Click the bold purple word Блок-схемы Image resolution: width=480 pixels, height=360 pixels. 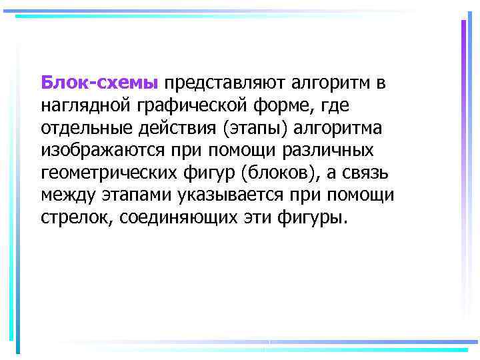99,83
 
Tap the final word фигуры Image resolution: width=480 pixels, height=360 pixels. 317,217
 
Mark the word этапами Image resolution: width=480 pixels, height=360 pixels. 138,195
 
